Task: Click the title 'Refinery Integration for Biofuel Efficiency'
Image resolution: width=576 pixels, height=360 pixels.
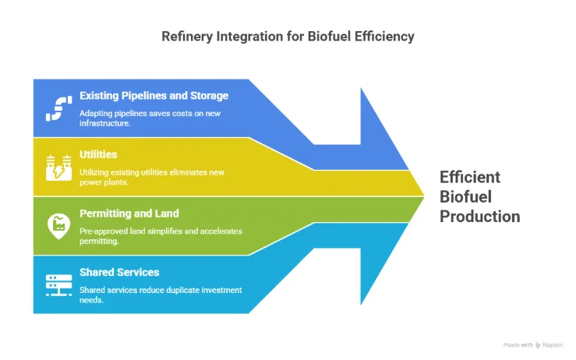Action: tap(288, 36)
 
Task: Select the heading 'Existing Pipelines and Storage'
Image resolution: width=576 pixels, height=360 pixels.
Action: tap(154, 96)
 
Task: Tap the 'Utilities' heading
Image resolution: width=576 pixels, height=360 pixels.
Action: tap(98, 154)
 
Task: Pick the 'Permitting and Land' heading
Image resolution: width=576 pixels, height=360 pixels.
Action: tap(129, 214)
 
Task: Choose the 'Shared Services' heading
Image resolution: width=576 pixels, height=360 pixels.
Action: tap(119, 273)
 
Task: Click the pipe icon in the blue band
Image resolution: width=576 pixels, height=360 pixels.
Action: tap(57, 108)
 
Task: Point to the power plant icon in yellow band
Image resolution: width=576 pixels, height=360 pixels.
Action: tap(57, 166)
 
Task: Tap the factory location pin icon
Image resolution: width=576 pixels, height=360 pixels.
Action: tap(57, 226)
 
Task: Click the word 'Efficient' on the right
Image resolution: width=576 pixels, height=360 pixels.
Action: tap(470, 177)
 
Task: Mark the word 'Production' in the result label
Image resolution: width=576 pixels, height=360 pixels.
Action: tap(479, 217)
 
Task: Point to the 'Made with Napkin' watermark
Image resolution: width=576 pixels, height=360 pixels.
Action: tap(534, 344)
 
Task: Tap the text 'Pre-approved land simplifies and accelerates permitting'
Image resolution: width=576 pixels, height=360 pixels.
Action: tap(160, 236)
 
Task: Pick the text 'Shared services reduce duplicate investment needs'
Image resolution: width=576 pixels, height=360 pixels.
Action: tap(160, 295)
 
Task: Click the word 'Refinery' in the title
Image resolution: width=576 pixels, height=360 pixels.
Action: tap(184, 36)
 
